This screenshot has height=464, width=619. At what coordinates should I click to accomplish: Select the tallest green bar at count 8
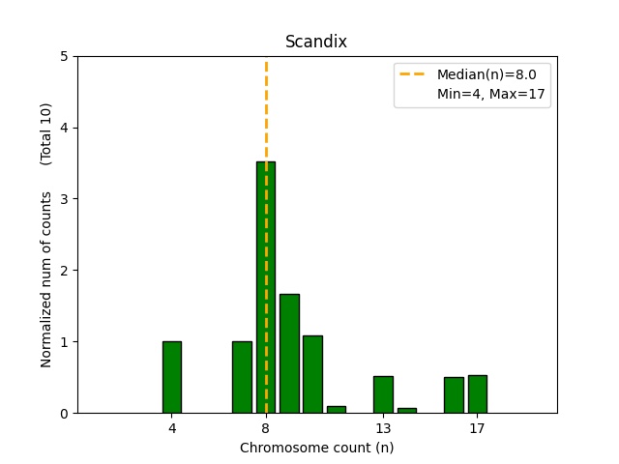tap(266, 290)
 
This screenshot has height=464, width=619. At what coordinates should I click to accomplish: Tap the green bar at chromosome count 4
tap(172, 377)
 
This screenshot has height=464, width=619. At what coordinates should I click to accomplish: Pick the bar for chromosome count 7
tap(242, 377)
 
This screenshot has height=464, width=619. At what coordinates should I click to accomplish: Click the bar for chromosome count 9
tap(289, 354)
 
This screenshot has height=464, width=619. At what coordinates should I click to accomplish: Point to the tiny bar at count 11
tap(337, 409)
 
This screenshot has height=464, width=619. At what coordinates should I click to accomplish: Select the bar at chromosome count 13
tap(383, 394)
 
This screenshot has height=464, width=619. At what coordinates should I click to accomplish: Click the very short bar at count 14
tap(406, 410)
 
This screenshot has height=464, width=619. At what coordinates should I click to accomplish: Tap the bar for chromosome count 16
tap(454, 394)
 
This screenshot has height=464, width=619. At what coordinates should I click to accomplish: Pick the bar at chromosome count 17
tap(477, 393)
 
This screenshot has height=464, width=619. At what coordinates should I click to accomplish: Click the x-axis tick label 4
tap(172, 427)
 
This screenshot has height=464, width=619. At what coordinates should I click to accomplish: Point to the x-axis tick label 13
tap(383, 427)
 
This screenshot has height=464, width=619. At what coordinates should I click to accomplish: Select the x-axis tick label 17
tap(477, 427)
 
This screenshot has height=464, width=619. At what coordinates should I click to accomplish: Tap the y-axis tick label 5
tap(64, 56)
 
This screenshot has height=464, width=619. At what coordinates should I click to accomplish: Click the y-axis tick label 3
tap(64, 199)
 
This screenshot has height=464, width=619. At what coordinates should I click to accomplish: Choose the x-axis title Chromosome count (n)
tap(316, 448)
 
